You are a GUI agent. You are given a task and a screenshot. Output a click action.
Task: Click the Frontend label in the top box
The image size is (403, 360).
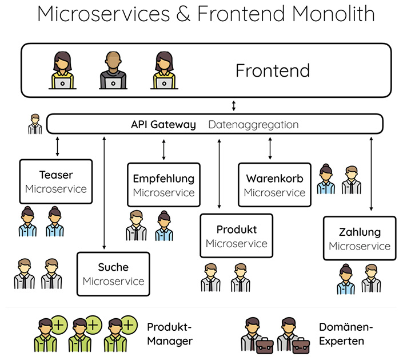pyautogui.click(x=273, y=70)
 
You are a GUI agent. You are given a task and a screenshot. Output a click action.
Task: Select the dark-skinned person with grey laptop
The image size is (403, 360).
pyautogui.click(x=112, y=71)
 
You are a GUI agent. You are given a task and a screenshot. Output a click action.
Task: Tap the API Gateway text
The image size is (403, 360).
pyautogui.click(x=163, y=124)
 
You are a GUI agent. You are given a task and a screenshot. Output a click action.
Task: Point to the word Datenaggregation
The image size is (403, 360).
pyautogui.click(x=253, y=124)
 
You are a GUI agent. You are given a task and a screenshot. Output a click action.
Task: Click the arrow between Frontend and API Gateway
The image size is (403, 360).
pyautogui.click(x=233, y=106)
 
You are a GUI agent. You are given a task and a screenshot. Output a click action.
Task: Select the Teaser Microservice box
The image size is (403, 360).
pyautogui.click(x=56, y=181)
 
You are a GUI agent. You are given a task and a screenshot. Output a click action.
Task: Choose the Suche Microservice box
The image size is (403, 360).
pyautogui.click(x=113, y=274)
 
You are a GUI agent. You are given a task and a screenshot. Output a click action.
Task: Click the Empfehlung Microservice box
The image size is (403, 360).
pyautogui.click(x=163, y=185)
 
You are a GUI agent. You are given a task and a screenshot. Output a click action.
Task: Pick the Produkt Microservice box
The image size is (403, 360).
pyautogui.click(x=236, y=236)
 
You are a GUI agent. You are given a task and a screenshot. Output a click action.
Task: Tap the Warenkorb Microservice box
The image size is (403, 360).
pyautogui.click(x=274, y=185)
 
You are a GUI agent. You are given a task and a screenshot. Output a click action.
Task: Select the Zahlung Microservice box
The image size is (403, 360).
pyautogui.click(x=360, y=239)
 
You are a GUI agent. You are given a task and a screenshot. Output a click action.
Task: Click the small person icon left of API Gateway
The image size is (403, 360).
pyautogui.click(x=35, y=124)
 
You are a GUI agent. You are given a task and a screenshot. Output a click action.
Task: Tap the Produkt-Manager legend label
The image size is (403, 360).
pyautogui.click(x=170, y=334)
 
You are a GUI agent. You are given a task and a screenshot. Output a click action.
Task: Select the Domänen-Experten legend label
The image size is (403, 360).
pyautogui.click(x=346, y=334)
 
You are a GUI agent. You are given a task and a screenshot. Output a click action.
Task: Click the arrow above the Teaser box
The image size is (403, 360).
pyautogui.click(x=57, y=147)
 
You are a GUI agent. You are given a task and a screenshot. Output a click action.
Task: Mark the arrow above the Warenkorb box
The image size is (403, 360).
pyautogui.click(x=270, y=148)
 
